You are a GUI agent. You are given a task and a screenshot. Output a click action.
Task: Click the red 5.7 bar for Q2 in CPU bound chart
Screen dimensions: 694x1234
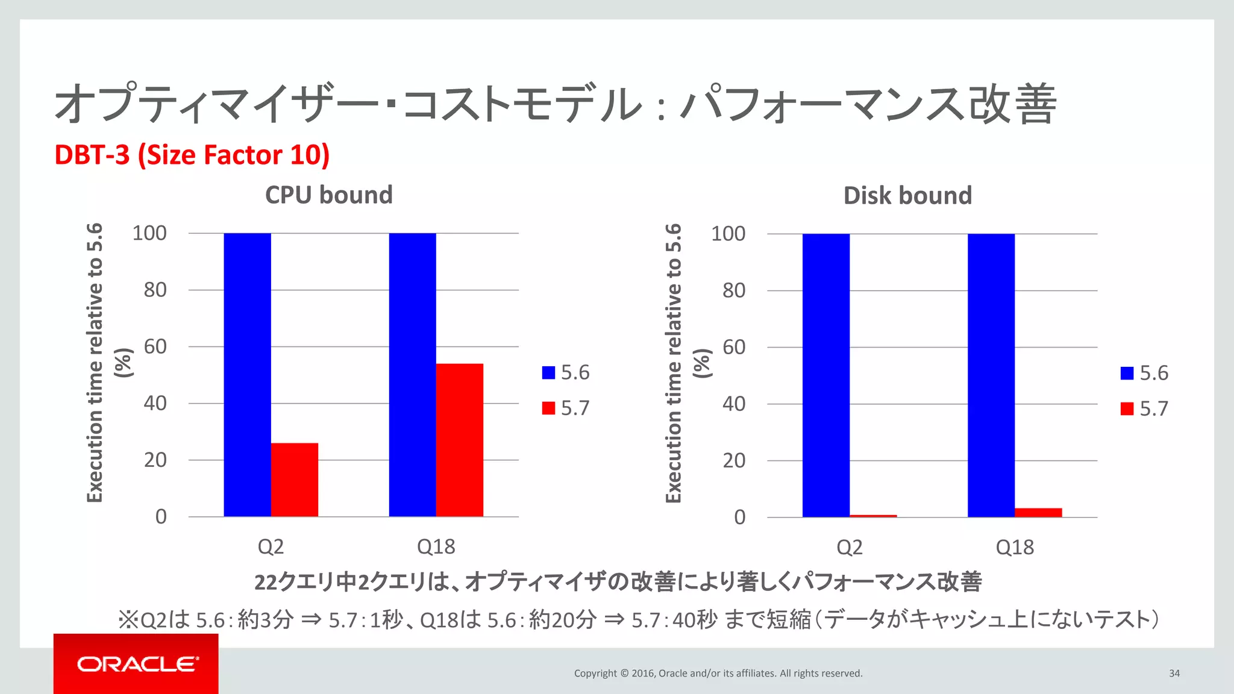click(294, 480)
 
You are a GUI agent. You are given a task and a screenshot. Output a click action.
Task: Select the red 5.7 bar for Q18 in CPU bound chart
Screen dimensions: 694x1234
click(459, 440)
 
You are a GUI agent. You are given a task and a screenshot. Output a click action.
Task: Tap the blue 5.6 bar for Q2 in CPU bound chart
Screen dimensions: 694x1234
click(247, 375)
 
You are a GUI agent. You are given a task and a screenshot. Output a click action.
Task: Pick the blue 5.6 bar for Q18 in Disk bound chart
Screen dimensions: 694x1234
click(991, 375)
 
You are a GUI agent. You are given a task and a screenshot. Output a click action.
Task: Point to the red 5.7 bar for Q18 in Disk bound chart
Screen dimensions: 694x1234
click(1038, 513)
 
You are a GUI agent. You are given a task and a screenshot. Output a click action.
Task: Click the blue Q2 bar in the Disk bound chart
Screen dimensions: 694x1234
click(825, 375)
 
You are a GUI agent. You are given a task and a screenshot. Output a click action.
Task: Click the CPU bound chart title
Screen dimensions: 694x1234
click(328, 195)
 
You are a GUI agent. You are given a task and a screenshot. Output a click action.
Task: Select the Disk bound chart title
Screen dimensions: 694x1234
click(907, 196)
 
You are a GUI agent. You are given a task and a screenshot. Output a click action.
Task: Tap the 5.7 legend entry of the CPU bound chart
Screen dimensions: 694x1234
click(566, 408)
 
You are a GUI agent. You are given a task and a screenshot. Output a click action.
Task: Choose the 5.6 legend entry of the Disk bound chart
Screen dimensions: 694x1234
click(1144, 373)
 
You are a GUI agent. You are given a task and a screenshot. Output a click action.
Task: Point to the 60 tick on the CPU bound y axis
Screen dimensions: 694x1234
click(155, 346)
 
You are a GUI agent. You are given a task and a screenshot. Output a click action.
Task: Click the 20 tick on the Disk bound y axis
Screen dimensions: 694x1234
click(733, 460)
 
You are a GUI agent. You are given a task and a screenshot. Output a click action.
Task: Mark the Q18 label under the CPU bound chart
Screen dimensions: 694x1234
click(436, 546)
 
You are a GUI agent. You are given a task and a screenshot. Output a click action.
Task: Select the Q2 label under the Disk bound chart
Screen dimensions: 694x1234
click(849, 547)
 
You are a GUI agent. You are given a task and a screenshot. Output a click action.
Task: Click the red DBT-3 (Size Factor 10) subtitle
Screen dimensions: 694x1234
click(192, 155)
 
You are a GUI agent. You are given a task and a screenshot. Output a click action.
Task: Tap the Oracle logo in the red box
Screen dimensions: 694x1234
click(137, 664)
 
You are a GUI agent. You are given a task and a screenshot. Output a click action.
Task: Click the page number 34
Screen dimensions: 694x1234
click(1174, 674)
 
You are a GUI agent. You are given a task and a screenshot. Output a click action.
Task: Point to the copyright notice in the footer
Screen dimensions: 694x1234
click(718, 674)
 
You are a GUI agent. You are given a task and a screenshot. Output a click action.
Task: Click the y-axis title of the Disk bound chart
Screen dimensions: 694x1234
click(681, 363)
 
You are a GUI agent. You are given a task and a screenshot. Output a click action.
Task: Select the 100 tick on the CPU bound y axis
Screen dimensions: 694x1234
click(149, 233)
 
